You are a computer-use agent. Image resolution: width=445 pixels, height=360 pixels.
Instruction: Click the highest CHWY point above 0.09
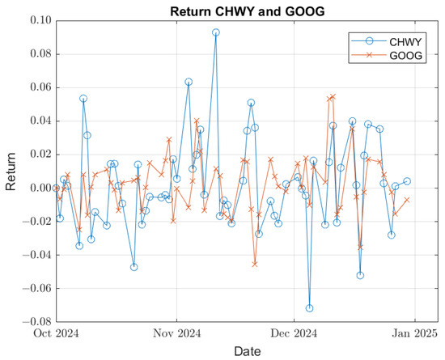[216, 33]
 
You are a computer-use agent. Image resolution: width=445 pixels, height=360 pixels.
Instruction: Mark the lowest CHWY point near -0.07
[309, 308]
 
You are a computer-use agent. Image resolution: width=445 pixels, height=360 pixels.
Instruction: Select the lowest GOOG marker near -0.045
[255, 264]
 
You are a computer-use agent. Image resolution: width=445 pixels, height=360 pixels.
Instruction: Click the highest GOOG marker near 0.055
[333, 96]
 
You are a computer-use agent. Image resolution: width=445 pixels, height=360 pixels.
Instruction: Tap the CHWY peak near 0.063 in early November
[189, 82]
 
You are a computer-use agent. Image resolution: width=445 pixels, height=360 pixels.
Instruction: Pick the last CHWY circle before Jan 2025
[407, 181]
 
